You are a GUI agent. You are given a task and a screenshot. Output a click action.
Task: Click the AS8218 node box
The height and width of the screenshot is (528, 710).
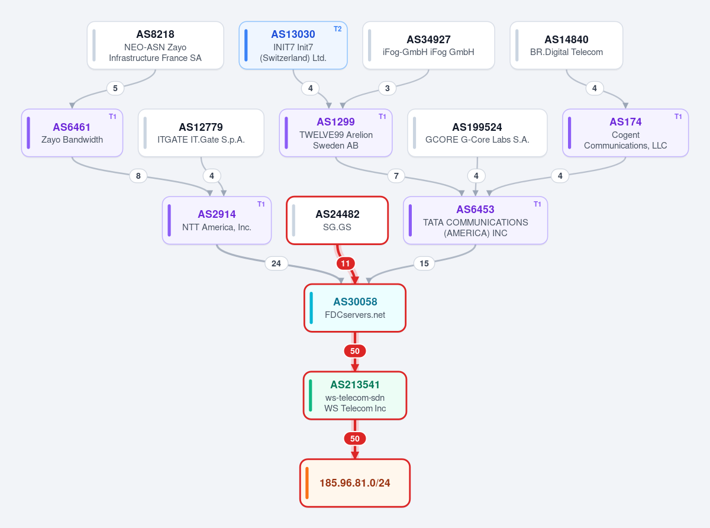coord(155,45)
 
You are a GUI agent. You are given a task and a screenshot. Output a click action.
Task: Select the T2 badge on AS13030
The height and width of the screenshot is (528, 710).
coord(338,29)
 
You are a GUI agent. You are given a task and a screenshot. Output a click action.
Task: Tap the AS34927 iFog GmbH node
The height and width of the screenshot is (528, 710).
coord(428,45)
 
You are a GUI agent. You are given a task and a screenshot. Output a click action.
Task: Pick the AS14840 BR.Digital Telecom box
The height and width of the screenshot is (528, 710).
coord(566,45)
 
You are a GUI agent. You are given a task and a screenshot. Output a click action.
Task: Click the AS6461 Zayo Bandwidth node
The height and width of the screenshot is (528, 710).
coord(72,133)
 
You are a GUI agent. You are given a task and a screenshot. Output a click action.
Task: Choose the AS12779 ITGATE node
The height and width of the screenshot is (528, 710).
coord(201,133)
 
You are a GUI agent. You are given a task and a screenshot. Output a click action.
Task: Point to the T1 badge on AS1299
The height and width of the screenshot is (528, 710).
coord(382,117)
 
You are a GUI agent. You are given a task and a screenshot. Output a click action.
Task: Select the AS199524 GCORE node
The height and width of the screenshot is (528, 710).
coord(477,133)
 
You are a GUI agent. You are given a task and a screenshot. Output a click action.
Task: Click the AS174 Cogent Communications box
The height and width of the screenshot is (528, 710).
coord(625,133)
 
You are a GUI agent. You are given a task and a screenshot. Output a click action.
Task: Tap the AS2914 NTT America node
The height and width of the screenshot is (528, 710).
coord(217,220)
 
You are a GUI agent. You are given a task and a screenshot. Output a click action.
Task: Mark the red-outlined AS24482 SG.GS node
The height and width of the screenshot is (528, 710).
coord(337,220)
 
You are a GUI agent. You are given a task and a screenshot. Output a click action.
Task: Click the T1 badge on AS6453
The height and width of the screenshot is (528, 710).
coord(537,204)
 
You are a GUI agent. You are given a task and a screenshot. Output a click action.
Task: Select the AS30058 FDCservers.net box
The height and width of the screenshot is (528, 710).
coord(355,308)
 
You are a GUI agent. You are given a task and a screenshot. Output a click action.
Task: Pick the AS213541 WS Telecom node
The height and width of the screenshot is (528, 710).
coord(355,395)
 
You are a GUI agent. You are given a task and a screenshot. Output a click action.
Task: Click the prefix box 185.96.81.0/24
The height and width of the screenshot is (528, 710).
coord(355,483)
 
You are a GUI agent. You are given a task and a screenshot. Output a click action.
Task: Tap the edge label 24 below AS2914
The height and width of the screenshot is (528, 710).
coord(276,263)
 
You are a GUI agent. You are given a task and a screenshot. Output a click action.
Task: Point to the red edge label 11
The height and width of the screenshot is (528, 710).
coord(346,263)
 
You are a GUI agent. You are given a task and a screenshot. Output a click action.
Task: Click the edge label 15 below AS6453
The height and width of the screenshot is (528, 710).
coord(424,263)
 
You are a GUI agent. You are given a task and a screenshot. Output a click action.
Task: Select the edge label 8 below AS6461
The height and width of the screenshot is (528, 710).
coord(138,176)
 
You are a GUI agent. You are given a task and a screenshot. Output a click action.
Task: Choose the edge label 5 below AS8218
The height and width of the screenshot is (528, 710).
coord(115,88)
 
